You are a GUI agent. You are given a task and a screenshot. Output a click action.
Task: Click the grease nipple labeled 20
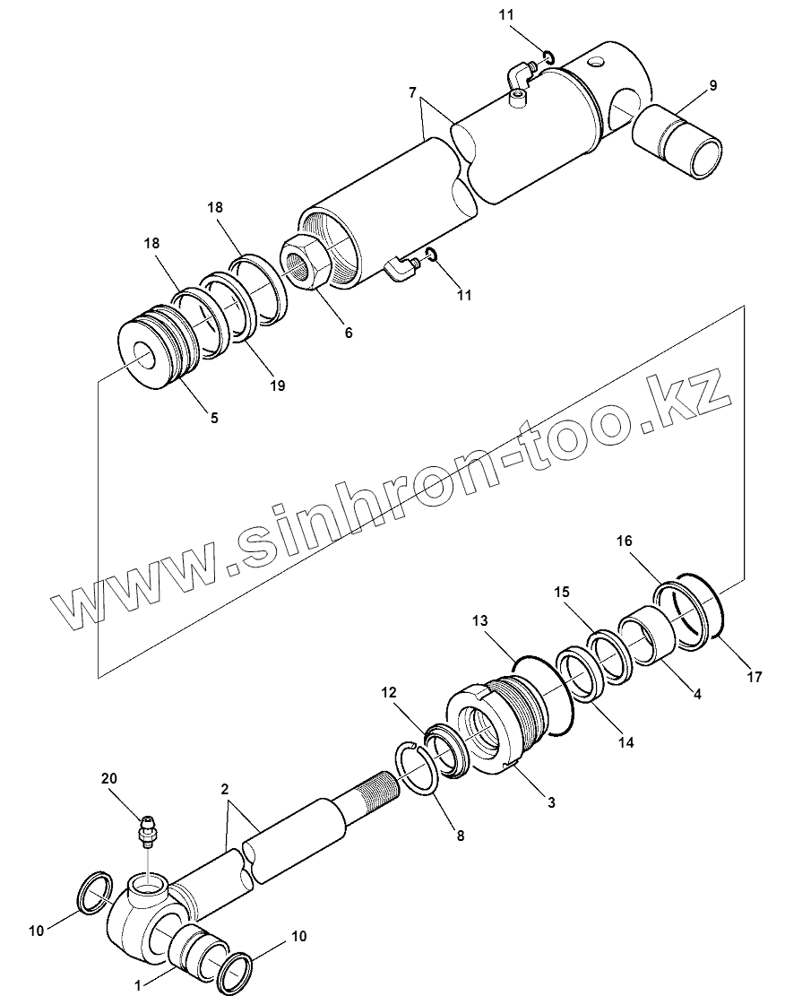[149, 830]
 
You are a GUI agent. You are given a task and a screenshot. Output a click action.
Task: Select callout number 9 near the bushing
[712, 86]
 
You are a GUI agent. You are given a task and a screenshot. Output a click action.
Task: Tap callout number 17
[754, 677]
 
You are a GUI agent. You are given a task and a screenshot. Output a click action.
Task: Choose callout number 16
[625, 541]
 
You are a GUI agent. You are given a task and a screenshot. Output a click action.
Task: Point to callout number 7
[412, 92]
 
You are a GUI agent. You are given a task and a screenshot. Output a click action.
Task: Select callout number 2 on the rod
[226, 790]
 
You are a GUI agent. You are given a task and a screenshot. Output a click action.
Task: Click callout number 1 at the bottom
[138, 984]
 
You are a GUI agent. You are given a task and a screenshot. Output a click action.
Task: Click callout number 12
[387, 692]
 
